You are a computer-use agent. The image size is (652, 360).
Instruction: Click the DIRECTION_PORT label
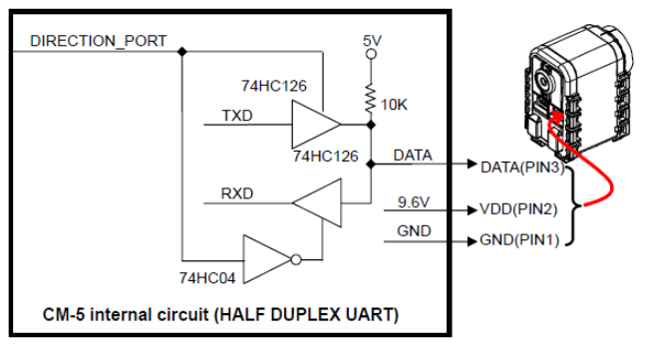98,41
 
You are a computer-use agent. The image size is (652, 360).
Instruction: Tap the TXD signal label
237,115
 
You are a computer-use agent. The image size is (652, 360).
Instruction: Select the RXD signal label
237,193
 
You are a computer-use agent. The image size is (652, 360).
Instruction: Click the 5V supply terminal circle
371,54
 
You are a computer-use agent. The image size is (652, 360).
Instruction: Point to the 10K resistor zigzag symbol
371,99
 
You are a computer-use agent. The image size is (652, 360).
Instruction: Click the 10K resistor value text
394,105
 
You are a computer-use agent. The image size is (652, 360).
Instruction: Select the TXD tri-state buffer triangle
316,125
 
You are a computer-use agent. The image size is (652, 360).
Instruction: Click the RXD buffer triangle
317,202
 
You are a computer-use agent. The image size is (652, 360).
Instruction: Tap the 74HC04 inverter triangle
267,259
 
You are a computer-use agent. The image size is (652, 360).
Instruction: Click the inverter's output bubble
296,260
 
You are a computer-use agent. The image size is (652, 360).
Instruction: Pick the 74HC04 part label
207,277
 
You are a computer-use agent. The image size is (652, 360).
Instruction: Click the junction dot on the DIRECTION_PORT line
181,52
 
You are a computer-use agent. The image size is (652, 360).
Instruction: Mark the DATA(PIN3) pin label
522,168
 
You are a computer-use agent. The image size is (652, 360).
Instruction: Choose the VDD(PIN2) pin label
518,208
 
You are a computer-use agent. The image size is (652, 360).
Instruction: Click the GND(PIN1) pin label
519,240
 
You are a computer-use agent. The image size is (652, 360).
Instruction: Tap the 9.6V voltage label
414,202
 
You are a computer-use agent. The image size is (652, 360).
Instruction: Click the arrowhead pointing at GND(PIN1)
473,241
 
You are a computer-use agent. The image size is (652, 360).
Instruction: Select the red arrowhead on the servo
556,116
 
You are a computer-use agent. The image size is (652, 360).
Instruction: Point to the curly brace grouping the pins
573,205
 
